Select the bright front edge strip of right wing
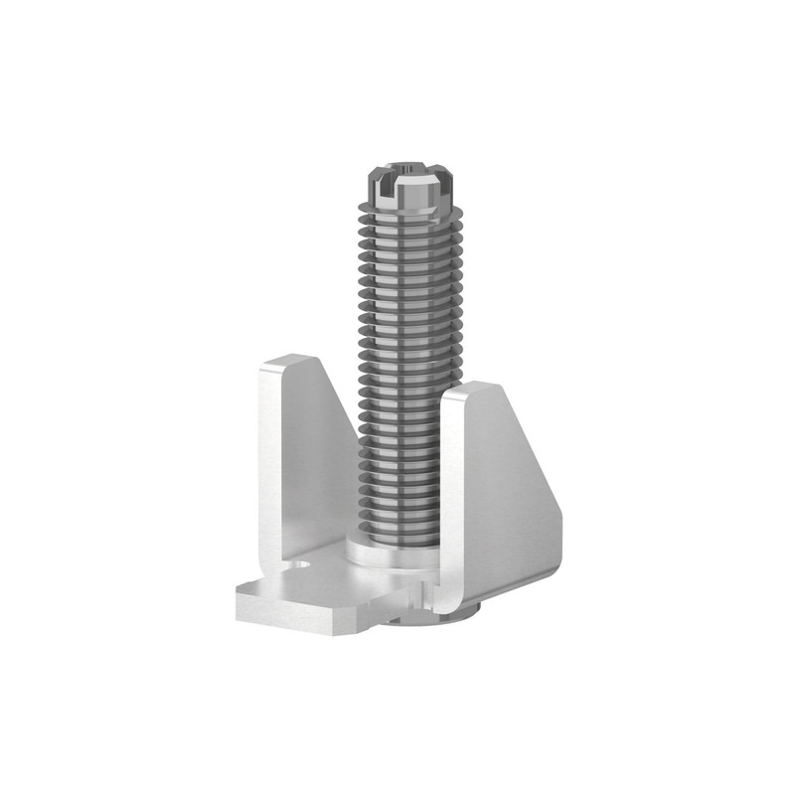click(x=448, y=497)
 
